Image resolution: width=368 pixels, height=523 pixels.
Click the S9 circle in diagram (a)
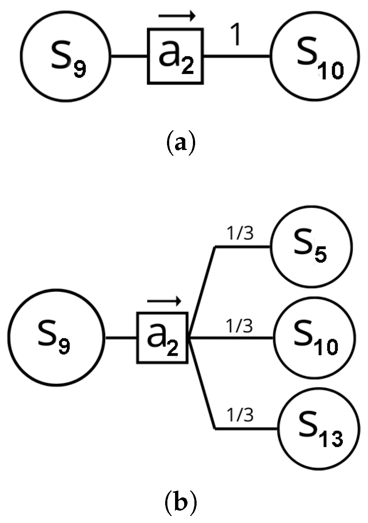click(x=65, y=56)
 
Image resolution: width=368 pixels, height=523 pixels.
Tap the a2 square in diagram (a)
click(x=175, y=57)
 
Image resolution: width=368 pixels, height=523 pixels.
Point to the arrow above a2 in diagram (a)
click(x=177, y=16)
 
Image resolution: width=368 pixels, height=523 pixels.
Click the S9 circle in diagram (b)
click(x=56, y=337)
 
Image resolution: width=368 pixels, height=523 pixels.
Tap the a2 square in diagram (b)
click(x=162, y=338)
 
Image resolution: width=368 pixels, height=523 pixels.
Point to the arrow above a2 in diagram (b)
click(x=164, y=301)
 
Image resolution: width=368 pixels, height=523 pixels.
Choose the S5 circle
click(x=311, y=247)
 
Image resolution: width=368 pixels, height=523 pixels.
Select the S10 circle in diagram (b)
click(x=314, y=338)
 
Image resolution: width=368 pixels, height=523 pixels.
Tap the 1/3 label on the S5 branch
click(x=240, y=234)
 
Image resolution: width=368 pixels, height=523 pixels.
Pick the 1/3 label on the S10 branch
click(x=239, y=326)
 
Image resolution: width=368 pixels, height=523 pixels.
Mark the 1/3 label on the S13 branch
click(x=240, y=415)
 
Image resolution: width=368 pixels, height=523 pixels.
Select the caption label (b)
click(x=181, y=503)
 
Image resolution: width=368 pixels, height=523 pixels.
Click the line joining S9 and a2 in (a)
click(x=129, y=56)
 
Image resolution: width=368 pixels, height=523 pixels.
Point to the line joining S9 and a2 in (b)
click(x=121, y=338)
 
